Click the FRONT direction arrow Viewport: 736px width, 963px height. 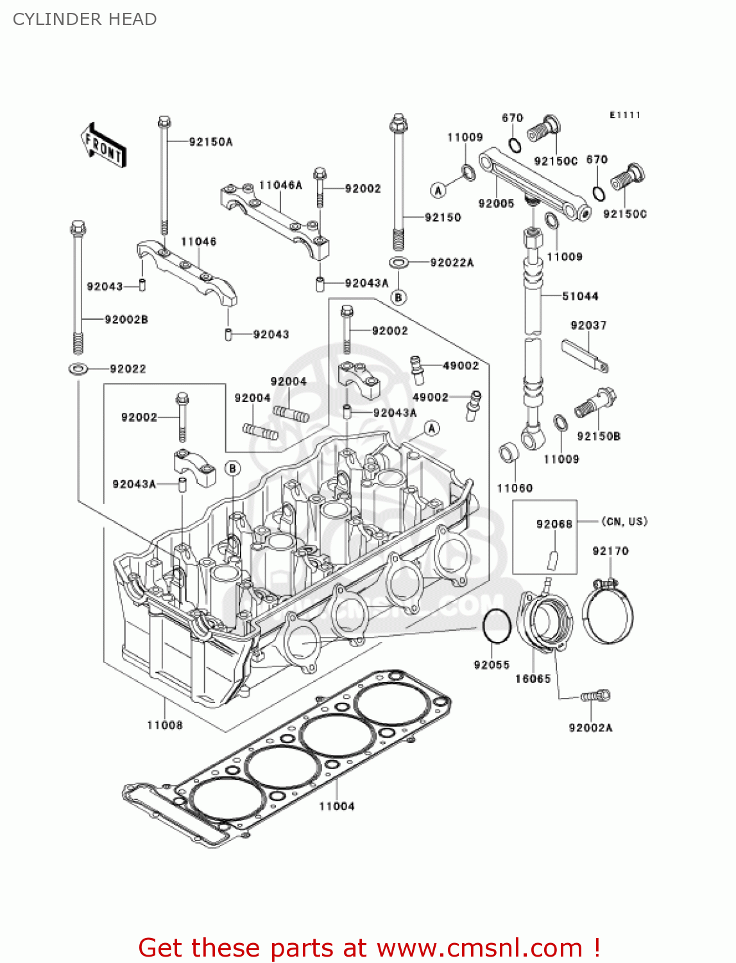[103, 146]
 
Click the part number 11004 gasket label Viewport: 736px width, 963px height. [336, 806]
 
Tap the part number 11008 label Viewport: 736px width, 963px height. [165, 725]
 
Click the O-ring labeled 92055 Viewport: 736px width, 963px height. [496, 625]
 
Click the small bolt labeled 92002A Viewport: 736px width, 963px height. [595, 696]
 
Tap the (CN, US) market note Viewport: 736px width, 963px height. [624, 521]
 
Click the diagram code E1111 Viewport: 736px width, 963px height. [624, 115]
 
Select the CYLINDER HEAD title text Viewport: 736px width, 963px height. [85, 19]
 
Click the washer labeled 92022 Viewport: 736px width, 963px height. [78, 369]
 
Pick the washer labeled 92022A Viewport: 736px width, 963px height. [398, 262]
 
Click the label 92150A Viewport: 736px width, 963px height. [210, 142]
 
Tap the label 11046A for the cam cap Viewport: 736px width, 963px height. [280, 186]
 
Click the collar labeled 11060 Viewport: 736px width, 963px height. [509, 453]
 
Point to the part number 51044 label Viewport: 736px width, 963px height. [580, 296]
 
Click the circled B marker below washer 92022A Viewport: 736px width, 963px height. [398, 297]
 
